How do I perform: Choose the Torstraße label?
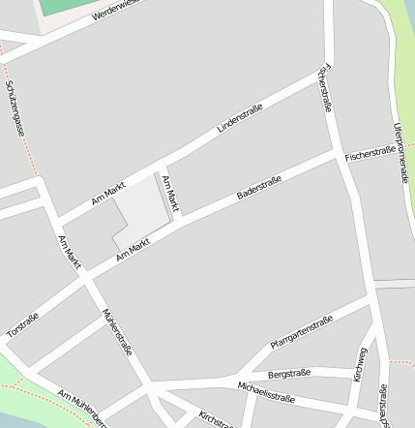coord(22,324)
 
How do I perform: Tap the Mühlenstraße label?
coord(116,332)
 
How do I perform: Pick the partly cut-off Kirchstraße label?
coord(215,418)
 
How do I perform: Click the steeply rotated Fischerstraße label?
coord(323,89)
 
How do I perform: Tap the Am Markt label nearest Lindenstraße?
coord(108,194)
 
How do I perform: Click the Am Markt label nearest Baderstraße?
coord(135,249)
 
